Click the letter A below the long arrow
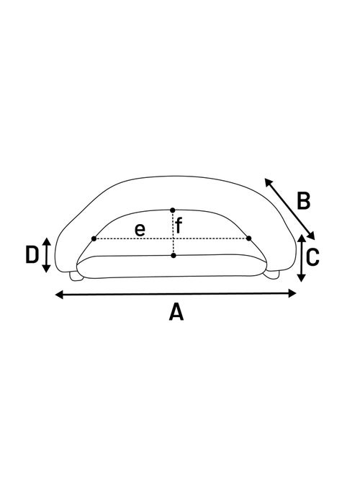[176, 312]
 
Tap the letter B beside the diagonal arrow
[304, 201]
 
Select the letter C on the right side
[312, 257]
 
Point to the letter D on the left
[32, 255]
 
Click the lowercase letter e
[140, 230]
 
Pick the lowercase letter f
[179, 226]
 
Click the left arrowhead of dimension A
[59, 295]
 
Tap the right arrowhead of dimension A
[292, 293]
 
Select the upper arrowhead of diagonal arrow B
[268, 182]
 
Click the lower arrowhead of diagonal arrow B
[312, 236]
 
